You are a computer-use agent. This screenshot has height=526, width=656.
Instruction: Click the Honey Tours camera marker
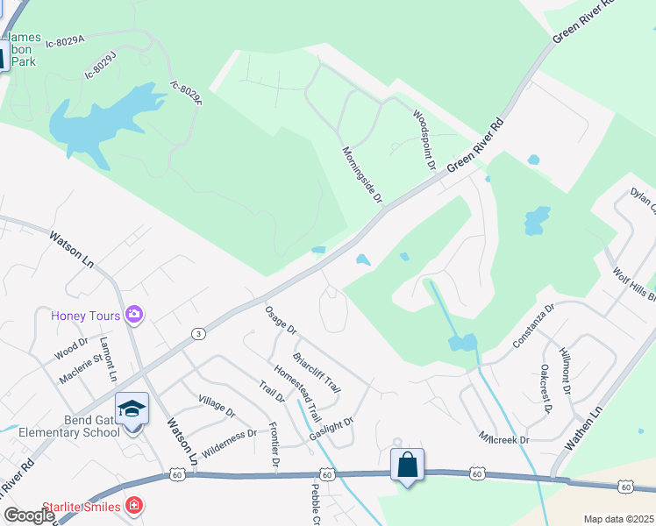pyautogui.click(x=134, y=314)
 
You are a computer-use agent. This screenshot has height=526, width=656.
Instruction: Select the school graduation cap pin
pyautogui.click(x=132, y=409)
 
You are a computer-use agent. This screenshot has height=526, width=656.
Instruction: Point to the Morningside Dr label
pyautogui.click(x=361, y=175)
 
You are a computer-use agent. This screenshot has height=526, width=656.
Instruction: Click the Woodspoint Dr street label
pyautogui.click(x=424, y=139)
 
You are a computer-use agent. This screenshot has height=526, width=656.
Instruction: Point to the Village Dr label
pyautogui.click(x=217, y=405)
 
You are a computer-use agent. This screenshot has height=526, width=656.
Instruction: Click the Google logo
pyautogui.click(x=29, y=515)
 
